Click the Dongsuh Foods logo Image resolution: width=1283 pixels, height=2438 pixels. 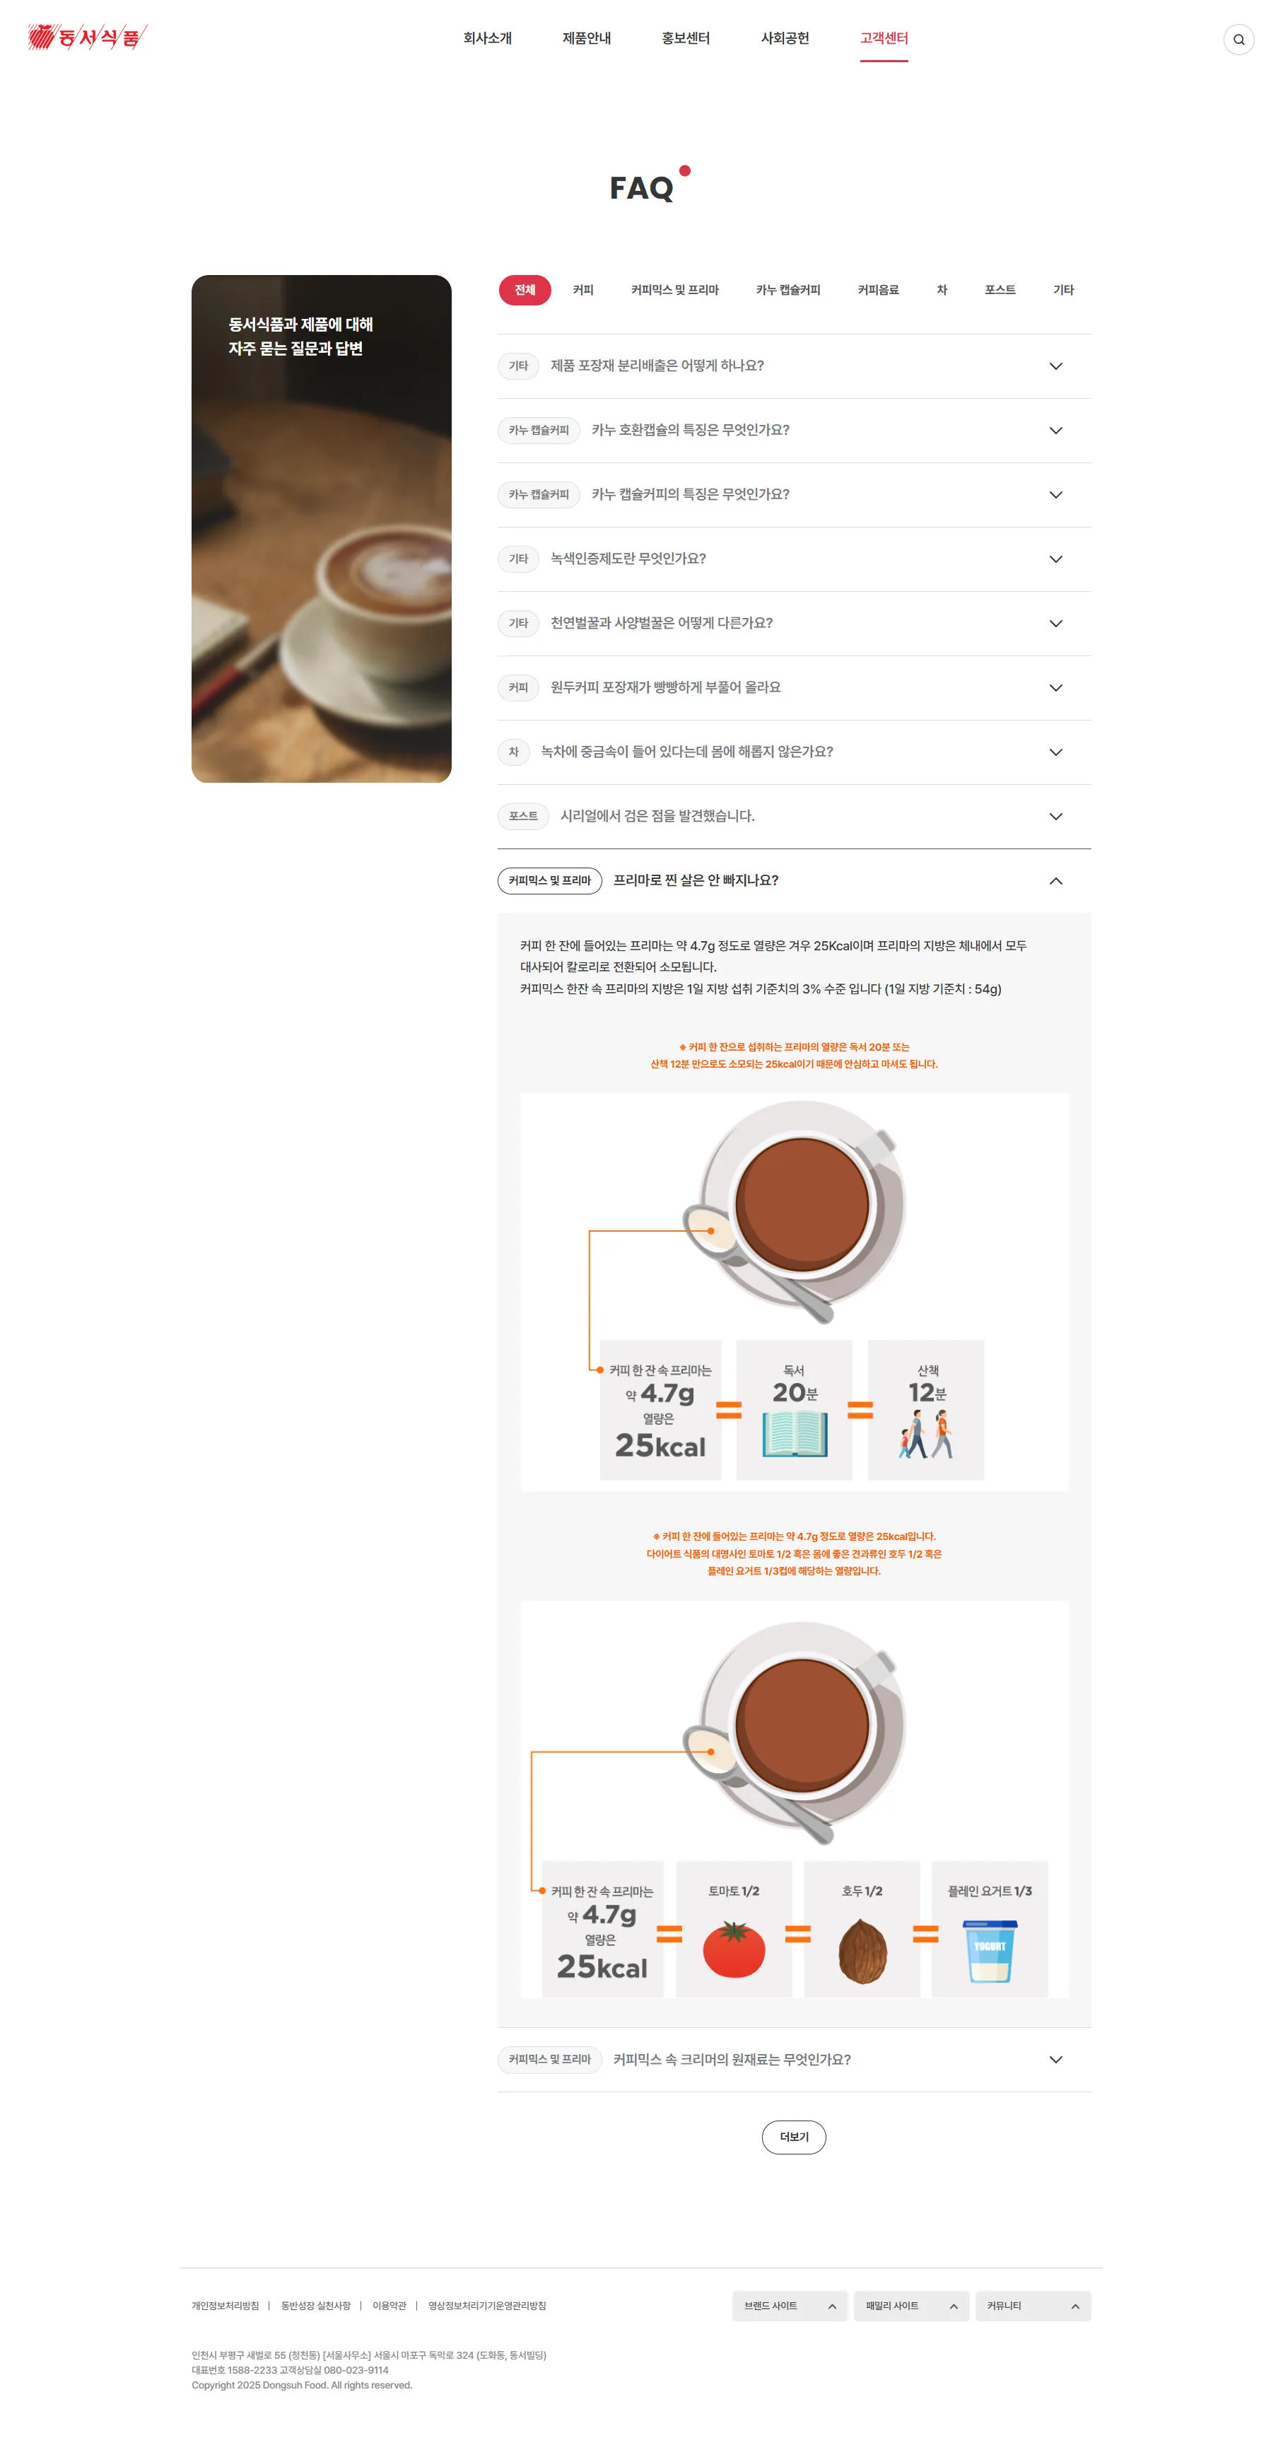coord(87,37)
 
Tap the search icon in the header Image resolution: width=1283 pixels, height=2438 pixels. coord(1238,40)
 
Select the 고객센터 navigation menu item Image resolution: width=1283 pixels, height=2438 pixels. coord(884,38)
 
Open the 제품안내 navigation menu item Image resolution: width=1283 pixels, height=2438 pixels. coord(587,38)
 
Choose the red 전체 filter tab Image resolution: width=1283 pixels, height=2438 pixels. coord(525,290)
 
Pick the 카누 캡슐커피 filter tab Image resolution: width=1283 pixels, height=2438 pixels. coord(788,290)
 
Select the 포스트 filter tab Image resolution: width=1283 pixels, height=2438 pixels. coord(1000,290)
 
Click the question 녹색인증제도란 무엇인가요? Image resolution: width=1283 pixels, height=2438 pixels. coord(628,559)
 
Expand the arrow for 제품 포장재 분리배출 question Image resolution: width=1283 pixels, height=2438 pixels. coord(1056,366)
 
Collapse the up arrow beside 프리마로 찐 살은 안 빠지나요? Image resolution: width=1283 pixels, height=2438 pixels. coord(1056,881)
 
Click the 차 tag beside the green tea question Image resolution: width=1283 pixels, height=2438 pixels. coord(514,752)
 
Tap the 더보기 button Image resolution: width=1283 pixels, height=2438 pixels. coord(794,2137)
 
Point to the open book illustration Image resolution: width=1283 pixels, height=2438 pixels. coord(795,1433)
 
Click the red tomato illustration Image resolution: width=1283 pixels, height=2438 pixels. coord(734,1949)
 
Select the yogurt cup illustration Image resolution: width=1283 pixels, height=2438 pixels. coord(990,1951)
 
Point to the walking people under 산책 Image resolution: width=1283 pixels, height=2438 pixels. coord(926,1434)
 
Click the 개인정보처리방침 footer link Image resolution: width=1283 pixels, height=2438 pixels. coord(225,2306)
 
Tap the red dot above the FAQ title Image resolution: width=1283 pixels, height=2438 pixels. coord(685,171)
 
